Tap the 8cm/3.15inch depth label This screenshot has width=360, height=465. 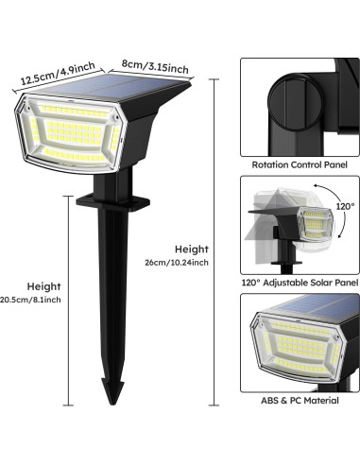[157, 68]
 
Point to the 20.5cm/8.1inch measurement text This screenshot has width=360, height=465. [31, 300]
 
